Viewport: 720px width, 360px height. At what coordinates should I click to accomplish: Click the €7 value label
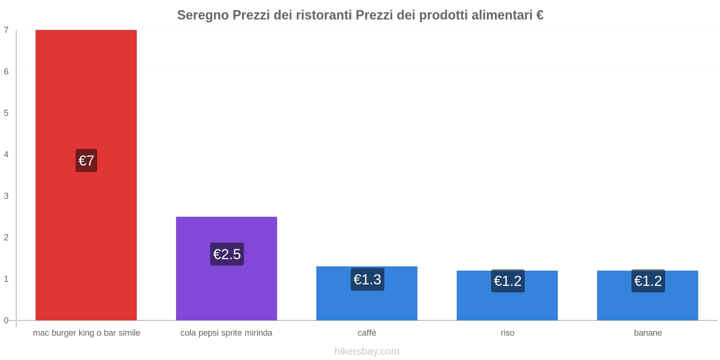click(86, 161)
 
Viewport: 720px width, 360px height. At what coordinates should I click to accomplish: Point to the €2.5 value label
click(227, 254)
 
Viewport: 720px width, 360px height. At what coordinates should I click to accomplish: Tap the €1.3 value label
click(367, 279)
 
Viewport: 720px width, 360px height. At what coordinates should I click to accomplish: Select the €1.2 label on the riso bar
click(508, 281)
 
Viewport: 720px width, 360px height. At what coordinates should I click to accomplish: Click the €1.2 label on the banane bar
click(648, 281)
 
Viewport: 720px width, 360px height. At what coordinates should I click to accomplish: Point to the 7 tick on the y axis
click(6, 30)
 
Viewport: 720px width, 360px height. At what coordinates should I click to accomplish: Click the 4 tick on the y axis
click(6, 154)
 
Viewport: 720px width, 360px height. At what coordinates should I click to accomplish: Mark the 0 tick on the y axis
click(6, 320)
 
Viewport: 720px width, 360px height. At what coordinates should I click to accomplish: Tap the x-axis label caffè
click(367, 333)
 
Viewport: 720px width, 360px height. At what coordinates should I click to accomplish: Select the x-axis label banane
click(648, 333)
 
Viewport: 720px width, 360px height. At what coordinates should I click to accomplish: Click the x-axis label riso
click(507, 333)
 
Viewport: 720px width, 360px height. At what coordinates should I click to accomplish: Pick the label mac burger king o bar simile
click(86, 333)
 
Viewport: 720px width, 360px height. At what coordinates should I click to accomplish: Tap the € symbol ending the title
click(540, 15)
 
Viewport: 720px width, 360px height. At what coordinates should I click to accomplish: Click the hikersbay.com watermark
click(367, 351)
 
